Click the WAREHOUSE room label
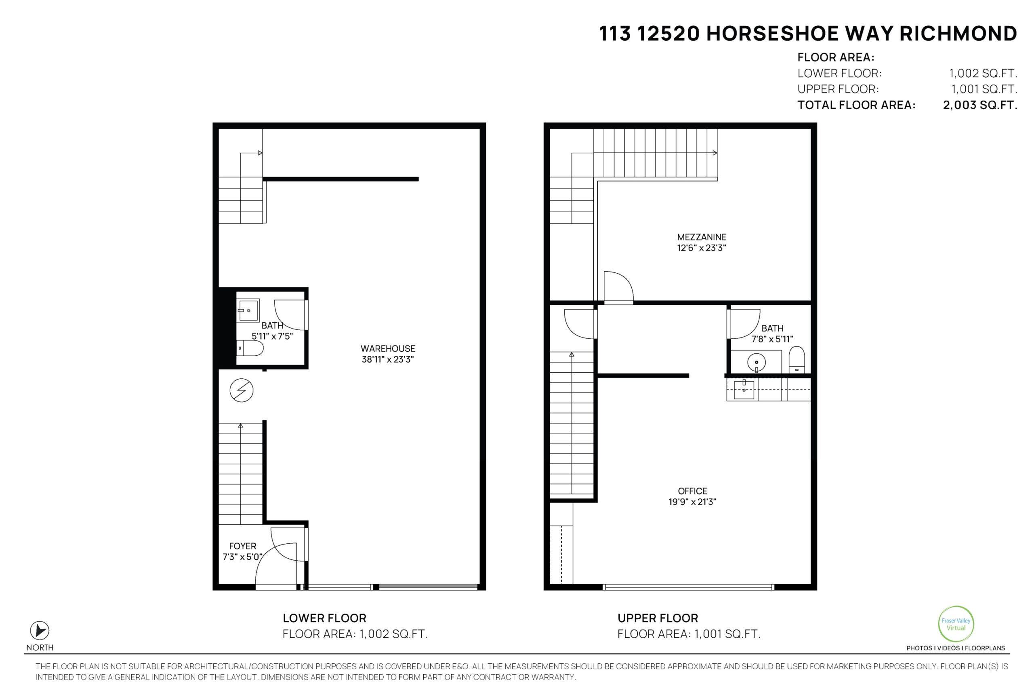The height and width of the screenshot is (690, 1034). point(388,348)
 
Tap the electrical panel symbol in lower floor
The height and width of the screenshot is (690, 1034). point(242,390)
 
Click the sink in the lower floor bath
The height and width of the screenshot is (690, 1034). point(248,310)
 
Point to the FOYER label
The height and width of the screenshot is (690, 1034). point(242,546)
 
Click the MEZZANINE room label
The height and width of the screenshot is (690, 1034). point(702,237)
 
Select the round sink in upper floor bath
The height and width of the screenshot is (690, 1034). point(756,363)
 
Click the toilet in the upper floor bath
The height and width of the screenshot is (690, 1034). point(797,360)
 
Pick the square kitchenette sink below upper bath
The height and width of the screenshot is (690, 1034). point(744,390)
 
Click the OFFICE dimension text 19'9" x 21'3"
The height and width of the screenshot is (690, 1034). point(692,502)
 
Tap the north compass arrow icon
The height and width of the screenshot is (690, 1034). point(40,631)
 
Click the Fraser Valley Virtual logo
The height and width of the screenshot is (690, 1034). point(956,624)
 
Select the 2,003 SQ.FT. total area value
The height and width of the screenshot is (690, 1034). point(980,105)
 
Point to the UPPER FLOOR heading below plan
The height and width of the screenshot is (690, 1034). point(658,618)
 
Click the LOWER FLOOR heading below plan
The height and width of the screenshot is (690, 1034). point(324,618)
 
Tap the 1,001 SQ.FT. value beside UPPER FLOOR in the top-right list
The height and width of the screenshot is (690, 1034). point(984,89)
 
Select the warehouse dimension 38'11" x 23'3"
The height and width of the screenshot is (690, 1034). point(388,359)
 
